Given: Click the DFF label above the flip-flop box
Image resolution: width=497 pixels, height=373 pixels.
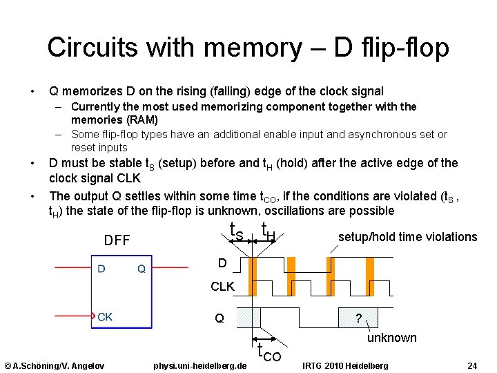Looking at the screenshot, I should pos(117,240).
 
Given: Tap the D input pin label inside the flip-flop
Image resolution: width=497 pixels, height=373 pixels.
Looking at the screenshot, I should pos(101,269).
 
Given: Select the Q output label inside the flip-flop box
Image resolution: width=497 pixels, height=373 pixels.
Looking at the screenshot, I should pos(141,269).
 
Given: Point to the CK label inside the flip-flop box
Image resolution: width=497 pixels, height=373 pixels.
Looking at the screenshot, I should pos(105,317).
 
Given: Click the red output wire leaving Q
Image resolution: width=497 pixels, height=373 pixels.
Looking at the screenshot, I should pos(170,267).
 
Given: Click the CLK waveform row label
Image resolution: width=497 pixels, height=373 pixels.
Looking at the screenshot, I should pos(223,286).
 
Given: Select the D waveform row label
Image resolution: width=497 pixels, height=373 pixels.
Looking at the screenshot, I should pos(222,262).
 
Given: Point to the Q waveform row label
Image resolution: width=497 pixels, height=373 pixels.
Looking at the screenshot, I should pos(220,318).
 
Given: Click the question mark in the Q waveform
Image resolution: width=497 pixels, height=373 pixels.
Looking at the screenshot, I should pos(357,318).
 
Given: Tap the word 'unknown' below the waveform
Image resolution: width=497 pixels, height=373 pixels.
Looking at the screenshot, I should pos(391,338).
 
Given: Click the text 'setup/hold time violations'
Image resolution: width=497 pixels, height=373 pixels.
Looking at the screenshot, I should pos(407,237).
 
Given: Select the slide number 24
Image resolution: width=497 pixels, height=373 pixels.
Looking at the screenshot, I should pos(472,365).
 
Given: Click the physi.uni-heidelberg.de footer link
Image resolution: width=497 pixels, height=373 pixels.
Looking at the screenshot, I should pos(199,365).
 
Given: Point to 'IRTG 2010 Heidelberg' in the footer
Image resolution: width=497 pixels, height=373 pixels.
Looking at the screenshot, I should pos(345,365).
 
